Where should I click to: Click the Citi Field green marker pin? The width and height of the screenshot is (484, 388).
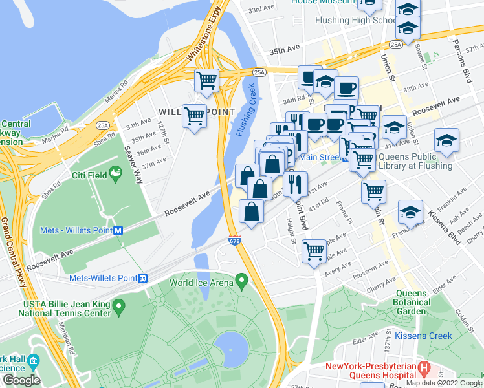[x=116, y=173]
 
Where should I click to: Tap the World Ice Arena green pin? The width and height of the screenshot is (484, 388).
[x=242, y=281]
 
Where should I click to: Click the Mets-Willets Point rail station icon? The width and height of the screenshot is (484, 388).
[x=144, y=278]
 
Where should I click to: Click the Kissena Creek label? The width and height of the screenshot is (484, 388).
[x=430, y=336]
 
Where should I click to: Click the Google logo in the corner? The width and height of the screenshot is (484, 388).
[x=21, y=380]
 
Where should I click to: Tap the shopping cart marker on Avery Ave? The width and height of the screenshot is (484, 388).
[x=314, y=250]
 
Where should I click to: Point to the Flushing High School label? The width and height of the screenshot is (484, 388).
[x=355, y=20]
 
